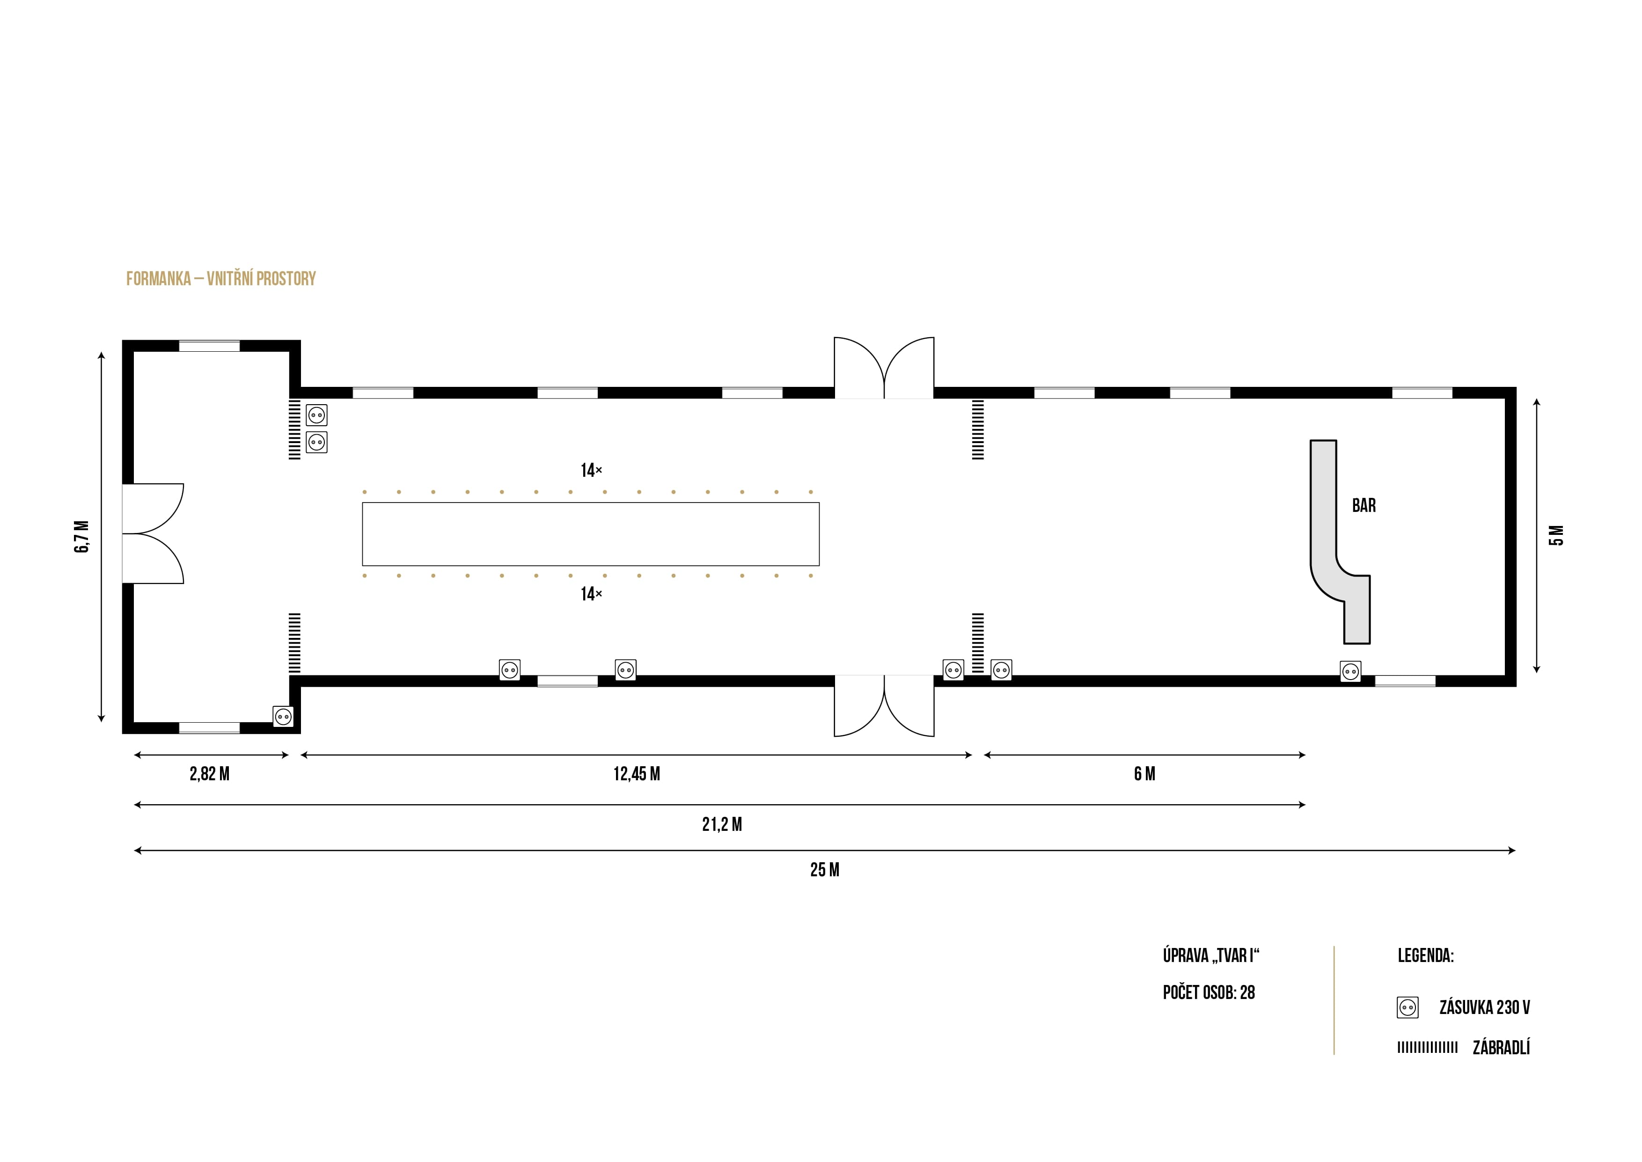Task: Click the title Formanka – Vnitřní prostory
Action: point(220,279)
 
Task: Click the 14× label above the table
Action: point(591,471)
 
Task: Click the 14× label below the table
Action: point(591,594)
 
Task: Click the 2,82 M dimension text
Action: point(210,774)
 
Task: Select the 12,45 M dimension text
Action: point(637,774)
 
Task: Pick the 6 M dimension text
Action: point(1144,774)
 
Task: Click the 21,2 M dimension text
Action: point(722,825)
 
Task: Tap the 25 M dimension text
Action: point(825,870)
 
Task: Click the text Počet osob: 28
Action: point(1209,992)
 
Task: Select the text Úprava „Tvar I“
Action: point(1211,956)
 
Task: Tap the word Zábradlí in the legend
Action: point(1501,1048)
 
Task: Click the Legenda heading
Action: point(1425,956)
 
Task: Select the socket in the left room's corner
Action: point(283,716)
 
